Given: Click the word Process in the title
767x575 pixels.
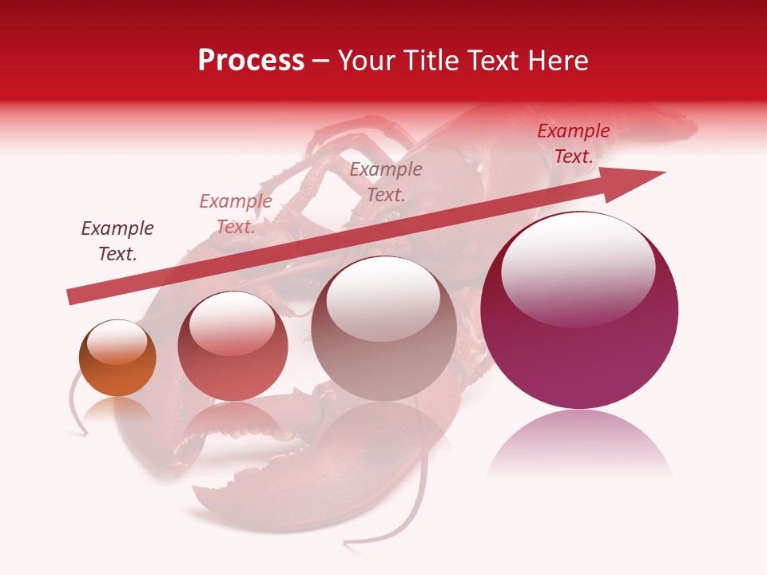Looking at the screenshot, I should coord(251,60).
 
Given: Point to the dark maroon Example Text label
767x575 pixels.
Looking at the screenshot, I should coord(117,240).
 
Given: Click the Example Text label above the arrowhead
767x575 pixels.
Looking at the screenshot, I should coord(574,144).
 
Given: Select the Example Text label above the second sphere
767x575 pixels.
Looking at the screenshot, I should coord(236,214).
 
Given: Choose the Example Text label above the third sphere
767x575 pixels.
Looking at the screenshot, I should coord(386,181).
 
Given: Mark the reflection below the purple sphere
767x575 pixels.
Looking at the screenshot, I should coord(579,443).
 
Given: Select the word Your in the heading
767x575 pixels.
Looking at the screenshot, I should coord(365,60).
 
